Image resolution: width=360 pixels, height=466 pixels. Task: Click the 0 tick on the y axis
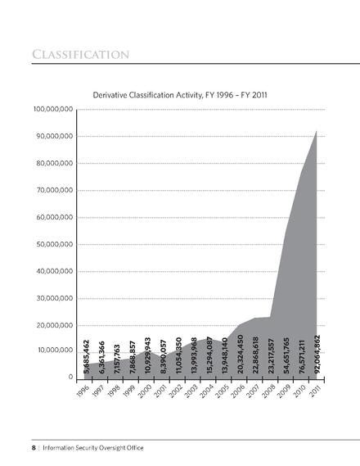(71, 378)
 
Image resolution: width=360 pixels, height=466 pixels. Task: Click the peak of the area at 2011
(317, 131)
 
